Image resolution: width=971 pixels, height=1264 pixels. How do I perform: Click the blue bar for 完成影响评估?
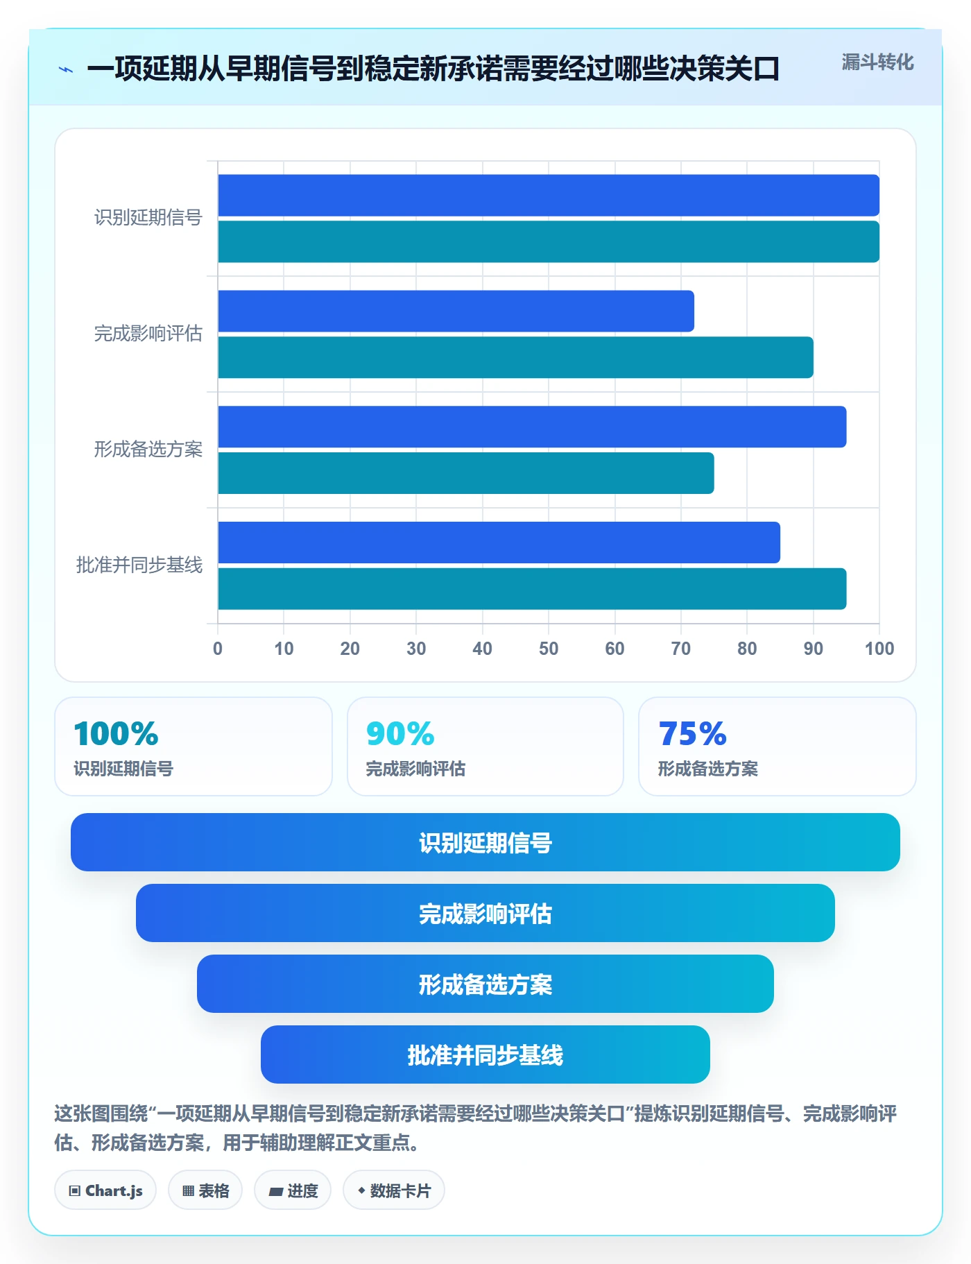click(456, 311)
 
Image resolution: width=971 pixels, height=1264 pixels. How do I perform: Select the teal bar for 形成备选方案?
click(466, 473)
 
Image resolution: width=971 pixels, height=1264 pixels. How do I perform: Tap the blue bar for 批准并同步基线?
click(499, 543)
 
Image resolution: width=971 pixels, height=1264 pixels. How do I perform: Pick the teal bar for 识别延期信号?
click(549, 241)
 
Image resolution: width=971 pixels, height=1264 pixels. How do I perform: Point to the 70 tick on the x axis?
click(681, 649)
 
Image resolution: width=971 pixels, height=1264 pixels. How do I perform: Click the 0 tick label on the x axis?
click(218, 649)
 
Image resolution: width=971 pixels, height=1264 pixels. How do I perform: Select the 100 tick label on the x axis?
click(879, 649)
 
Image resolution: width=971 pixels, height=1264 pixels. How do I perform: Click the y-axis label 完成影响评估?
click(148, 334)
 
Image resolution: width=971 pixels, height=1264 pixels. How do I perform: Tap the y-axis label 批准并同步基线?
click(139, 565)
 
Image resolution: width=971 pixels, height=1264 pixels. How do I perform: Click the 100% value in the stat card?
click(116, 733)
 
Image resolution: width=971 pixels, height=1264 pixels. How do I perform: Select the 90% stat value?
click(400, 733)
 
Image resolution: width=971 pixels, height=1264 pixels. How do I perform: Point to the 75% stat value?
click(692, 733)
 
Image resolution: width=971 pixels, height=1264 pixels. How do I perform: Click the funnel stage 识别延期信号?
click(486, 842)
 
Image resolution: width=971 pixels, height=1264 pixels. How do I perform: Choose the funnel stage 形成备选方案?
click(486, 984)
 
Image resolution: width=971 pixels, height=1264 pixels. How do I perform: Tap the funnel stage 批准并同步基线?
click(486, 1054)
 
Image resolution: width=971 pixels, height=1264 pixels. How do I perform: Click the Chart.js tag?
click(105, 1190)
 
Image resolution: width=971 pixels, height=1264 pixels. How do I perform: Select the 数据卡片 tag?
click(394, 1190)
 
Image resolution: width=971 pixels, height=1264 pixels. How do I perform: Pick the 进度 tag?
click(293, 1190)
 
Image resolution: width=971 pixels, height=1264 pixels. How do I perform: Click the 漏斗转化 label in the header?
click(877, 62)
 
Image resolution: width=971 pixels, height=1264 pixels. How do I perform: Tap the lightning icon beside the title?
click(66, 69)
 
